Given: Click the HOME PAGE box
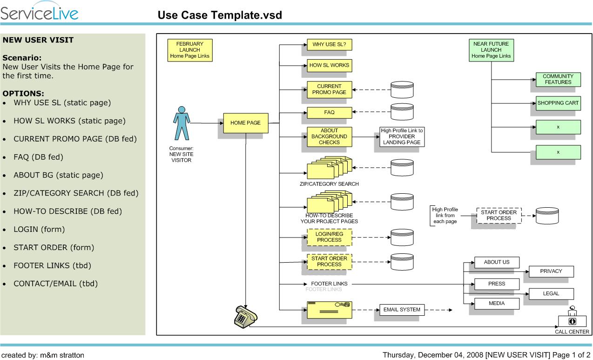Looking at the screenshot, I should [x=245, y=123].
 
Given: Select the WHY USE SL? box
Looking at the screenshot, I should [x=329, y=45].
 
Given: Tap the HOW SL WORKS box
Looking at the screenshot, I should [x=329, y=65].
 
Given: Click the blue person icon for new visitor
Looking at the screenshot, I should [x=182, y=124].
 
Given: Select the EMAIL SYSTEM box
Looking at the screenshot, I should [x=402, y=310].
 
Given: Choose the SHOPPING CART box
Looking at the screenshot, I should [x=558, y=103].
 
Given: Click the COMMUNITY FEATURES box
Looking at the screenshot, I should [x=558, y=79].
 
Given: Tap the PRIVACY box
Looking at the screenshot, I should [x=551, y=272].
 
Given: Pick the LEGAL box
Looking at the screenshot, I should [x=551, y=294].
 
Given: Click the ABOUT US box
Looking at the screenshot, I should [x=497, y=262].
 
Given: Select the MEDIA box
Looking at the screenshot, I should [x=497, y=304].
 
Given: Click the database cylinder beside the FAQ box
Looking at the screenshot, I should [x=402, y=112].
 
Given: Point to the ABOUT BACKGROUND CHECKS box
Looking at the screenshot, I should [x=329, y=136].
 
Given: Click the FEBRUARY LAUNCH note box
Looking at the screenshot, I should [x=189, y=50].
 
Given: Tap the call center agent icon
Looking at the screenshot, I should [x=572, y=318].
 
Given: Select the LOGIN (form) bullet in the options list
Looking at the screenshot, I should [x=39, y=230].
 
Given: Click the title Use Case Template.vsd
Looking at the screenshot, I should [x=220, y=15].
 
